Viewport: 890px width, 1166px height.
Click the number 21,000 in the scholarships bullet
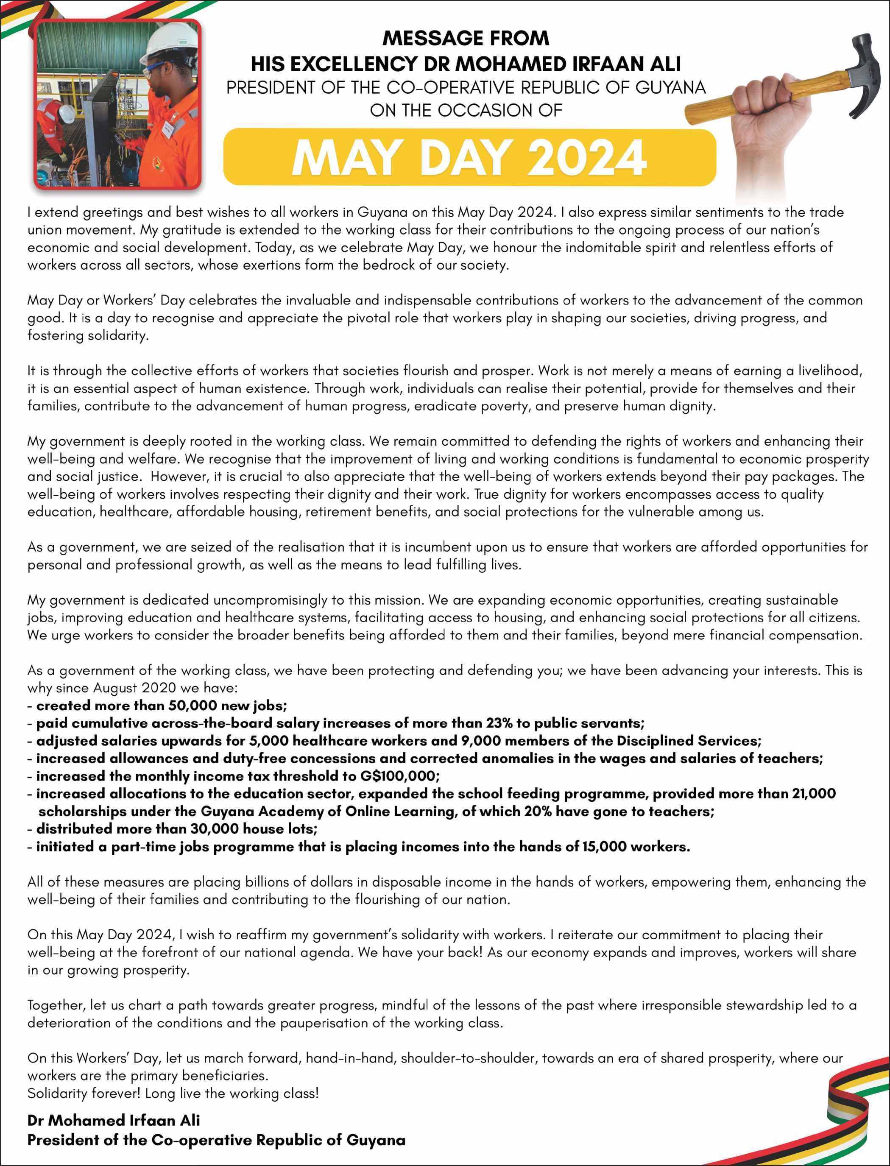(x=814, y=794)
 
